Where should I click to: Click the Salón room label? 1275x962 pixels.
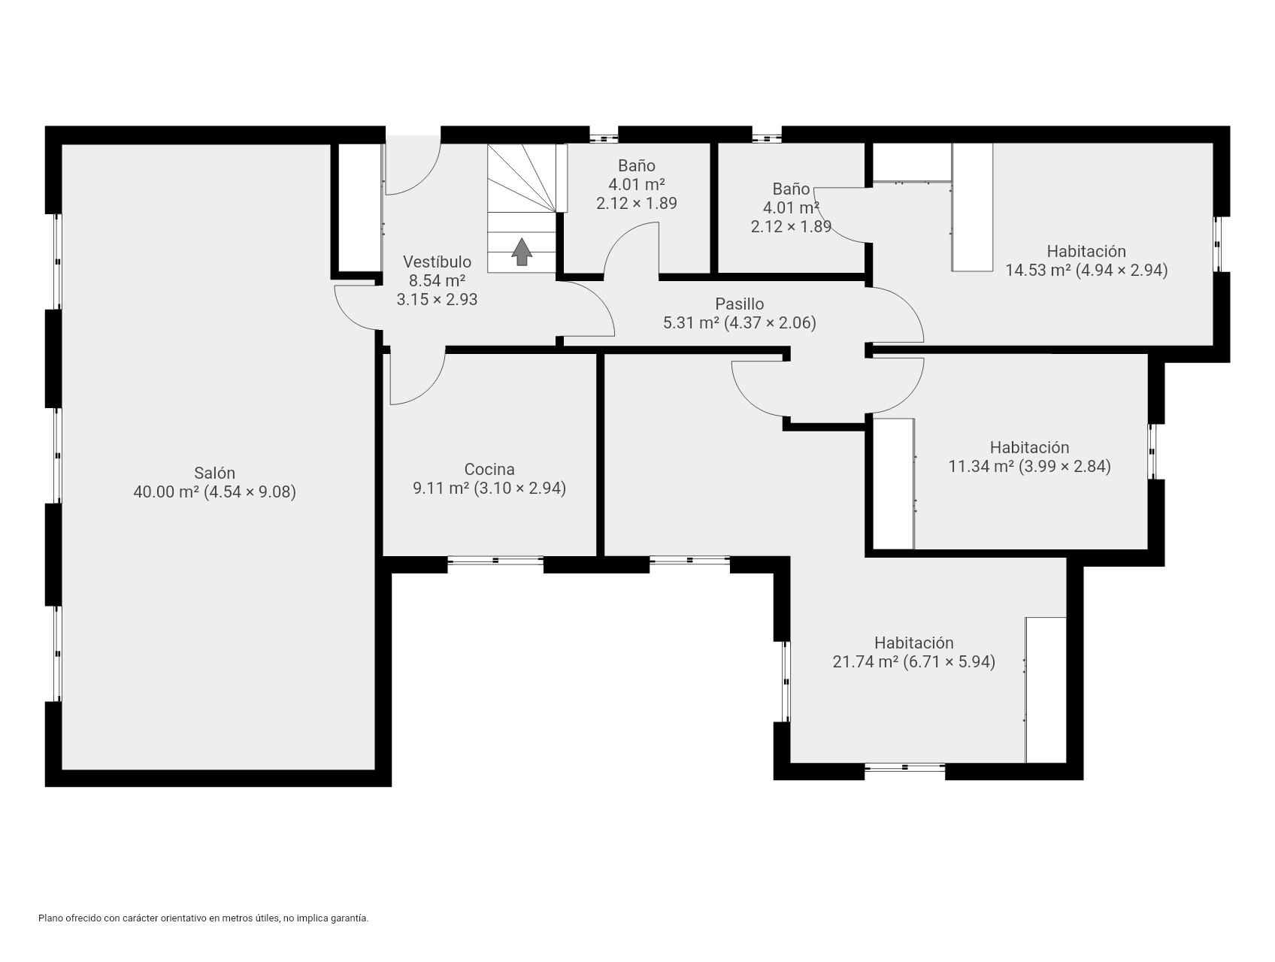214,473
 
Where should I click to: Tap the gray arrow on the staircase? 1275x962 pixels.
522,252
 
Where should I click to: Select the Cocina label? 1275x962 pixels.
489,470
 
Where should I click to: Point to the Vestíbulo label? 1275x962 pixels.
437,262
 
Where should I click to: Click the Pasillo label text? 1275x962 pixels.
739,304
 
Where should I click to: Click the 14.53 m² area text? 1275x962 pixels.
1086,270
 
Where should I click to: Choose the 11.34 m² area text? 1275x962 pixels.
1029,466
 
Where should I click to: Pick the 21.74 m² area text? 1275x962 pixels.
913,662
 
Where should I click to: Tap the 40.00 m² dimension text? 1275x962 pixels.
214,492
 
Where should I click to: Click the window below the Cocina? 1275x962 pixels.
495,560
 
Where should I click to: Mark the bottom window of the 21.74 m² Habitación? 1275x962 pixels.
904,767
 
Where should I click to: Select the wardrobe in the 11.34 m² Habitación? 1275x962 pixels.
893,483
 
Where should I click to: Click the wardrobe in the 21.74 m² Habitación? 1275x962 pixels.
1046,689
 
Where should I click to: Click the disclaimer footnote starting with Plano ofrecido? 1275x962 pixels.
203,918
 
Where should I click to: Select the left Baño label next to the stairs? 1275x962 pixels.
636,165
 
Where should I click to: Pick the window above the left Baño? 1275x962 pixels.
604,138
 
